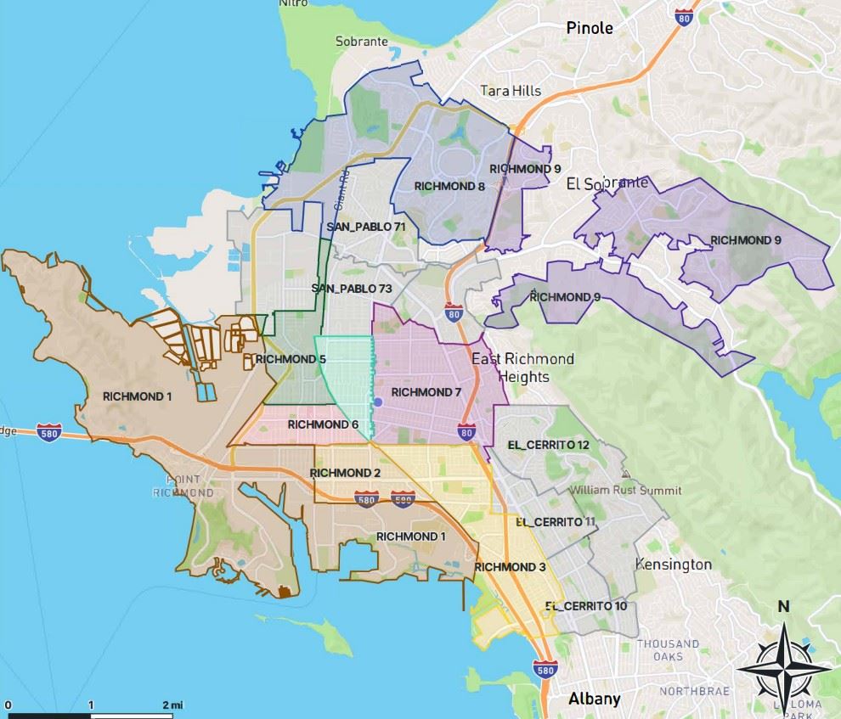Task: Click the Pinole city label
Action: (x=590, y=28)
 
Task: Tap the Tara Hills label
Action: (x=510, y=90)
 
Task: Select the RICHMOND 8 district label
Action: (x=449, y=186)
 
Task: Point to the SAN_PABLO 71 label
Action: (x=366, y=227)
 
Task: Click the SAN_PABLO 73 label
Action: (x=352, y=289)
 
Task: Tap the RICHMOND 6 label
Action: (x=323, y=424)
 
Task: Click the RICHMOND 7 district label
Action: (x=426, y=392)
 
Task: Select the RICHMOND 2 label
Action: (x=346, y=473)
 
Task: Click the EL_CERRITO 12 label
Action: (x=548, y=445)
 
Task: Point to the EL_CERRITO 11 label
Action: (x=555, y=521)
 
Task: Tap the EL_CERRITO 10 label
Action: (x=586, y=606)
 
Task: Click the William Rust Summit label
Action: (x=625, y=491)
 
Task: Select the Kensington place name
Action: (x=674, y=565)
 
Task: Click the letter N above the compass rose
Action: (x=783, y=606)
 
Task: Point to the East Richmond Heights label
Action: (x=523, y=368)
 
